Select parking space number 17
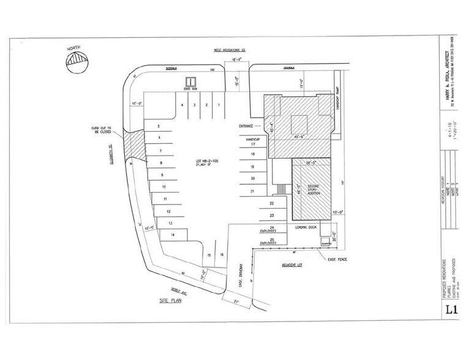pyautogui.click(x=253, y=144)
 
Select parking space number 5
pyautogui.click(x=159, y=126)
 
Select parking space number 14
pyautogui.click(x=173, y=234)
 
